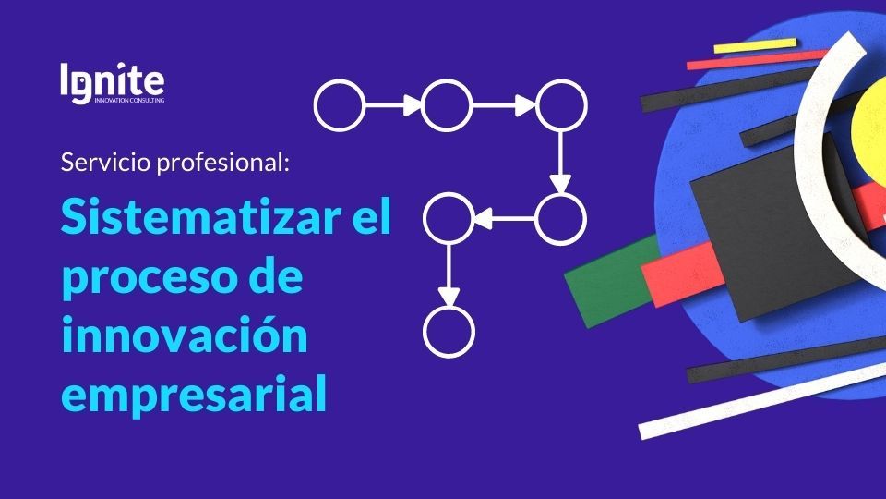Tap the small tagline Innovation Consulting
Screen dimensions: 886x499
pos(129,100)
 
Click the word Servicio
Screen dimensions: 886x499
pos(105,163)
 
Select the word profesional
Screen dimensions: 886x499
pos(222,163)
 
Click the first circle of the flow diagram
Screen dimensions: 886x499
pos(340,105)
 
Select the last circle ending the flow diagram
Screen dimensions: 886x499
pos(449,332)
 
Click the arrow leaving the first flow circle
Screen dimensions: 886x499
pos(393,105)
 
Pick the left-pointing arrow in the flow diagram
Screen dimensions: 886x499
pos(505,218)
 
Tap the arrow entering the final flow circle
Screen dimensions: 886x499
pos(449,275)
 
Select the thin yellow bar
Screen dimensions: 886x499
pos(755,46)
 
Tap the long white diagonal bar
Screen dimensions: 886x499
pos(762,399)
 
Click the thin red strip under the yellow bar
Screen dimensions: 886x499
pos(757,60)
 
